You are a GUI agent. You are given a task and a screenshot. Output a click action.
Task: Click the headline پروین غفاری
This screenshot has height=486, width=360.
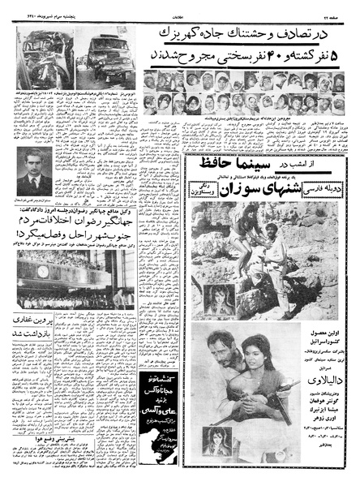pyautogui.click(x=37, y=327)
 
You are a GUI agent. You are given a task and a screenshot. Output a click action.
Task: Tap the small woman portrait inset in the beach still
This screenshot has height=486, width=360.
pyautogui.click(x=220, y=296)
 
